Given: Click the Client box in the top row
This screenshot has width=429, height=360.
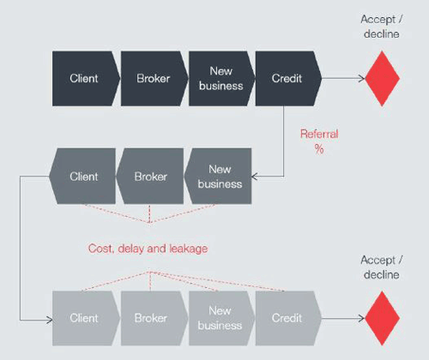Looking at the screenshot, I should coord(83,78).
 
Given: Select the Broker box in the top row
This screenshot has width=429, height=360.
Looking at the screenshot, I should coord(152,78).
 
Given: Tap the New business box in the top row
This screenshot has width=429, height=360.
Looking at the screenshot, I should coord(221,78).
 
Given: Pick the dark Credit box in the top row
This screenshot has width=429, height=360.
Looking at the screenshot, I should coord(287,78).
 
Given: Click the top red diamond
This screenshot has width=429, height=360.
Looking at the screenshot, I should coord(382,78).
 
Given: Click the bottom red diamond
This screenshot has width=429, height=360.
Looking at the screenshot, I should coord(382,318).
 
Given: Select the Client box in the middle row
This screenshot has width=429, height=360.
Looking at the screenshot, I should coord(83,177).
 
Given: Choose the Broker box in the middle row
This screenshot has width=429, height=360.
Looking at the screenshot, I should coord(151,177).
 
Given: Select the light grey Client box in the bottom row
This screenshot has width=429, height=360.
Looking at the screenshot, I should coord(83,318).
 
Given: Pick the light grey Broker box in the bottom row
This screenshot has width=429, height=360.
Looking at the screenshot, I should coord(151,318).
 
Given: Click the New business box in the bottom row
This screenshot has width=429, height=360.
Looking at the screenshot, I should coord(221,318).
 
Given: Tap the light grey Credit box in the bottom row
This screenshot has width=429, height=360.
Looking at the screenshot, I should coord(287,318).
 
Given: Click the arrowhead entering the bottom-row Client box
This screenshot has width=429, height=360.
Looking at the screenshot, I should coord(47,318).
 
